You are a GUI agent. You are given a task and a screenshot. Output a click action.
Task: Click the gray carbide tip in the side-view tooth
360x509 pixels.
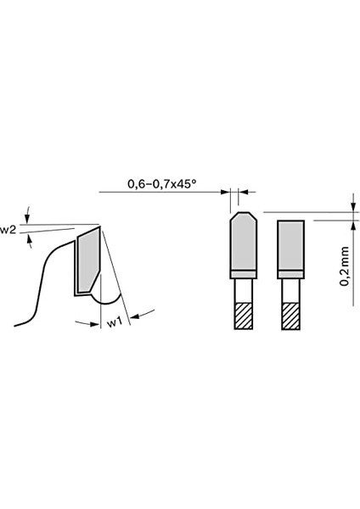(x=87, y=261)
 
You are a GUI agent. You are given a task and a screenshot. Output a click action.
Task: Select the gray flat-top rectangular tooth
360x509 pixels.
(x=291, y=244)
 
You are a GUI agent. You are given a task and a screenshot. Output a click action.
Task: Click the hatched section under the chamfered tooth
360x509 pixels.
(x=241, y=316)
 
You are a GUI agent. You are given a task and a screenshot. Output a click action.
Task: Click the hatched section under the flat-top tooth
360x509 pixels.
(x=291, y=316)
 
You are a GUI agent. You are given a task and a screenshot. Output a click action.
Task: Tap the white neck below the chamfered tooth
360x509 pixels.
(x=241, y=289)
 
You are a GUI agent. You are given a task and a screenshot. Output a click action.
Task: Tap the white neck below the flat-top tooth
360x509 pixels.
(x=291, y=289)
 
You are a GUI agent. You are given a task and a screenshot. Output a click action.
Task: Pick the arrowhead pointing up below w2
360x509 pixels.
(x=31, y=240)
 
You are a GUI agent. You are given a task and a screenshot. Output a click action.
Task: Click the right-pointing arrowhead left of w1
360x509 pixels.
(x=95, y=323)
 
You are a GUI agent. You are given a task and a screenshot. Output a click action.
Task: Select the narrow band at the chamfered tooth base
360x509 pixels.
(x=241, y=273)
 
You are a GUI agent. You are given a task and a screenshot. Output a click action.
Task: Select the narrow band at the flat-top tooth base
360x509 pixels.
(x=291, y=273)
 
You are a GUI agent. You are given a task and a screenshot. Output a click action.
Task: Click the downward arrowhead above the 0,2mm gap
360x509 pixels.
(x=352, y=207)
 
